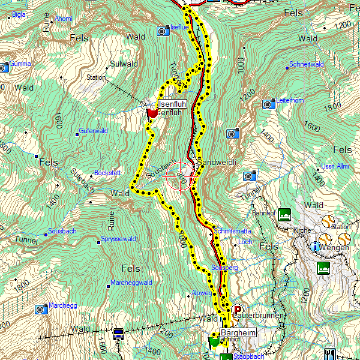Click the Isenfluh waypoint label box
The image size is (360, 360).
pos(172,104)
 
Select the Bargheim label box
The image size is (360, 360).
pos(238,332)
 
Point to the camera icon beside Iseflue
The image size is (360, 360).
pos(163,31)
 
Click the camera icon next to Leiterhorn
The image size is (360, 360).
pos(269,104)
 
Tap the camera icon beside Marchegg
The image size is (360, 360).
pos(41,309)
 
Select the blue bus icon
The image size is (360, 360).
pos(118,334)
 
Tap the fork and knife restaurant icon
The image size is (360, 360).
pos(329,353)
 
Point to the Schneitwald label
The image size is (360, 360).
pos(307,64)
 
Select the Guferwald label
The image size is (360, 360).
pos(93,131)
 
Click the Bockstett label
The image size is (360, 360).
pos(107,173)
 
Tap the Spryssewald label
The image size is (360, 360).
pos(119,239)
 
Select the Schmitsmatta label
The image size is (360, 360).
pos(232,230)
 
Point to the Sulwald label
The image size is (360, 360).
pos(124,64)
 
